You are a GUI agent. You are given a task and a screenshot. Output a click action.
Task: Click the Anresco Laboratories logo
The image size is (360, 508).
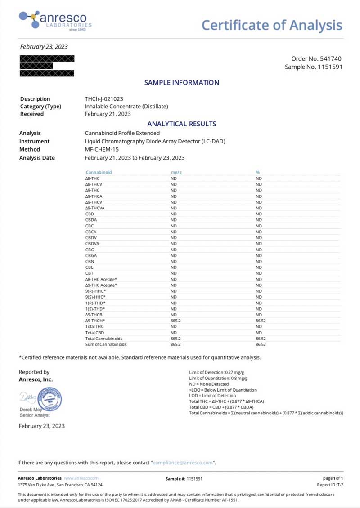[55, 21]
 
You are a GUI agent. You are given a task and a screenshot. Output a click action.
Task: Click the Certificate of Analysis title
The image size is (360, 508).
[272, 25]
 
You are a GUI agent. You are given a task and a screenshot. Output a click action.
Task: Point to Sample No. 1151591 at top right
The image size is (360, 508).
[314, 67]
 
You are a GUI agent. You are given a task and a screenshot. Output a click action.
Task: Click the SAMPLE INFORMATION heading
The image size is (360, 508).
[182, 83]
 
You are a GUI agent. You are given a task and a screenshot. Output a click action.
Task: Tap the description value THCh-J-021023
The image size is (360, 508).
[104, 99]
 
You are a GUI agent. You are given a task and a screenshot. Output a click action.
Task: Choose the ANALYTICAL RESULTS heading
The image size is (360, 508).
[182, 124]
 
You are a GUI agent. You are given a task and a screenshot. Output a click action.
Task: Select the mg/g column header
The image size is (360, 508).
[175, 172]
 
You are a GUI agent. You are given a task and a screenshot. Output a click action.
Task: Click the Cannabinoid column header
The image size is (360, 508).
[99, 172]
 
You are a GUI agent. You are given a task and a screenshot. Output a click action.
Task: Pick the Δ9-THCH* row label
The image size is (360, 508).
[95, 321]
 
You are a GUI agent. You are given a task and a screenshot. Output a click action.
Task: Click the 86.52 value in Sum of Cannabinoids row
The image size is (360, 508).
[261, 344]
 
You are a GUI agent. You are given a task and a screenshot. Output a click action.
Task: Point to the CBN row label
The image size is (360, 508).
[90, 261]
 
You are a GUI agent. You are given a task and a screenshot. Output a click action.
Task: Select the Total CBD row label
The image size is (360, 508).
[94, 332]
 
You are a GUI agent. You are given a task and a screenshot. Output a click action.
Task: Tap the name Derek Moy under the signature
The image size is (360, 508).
[30, 409]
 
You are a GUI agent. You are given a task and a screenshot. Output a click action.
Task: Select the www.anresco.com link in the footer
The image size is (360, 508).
[81, 478]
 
